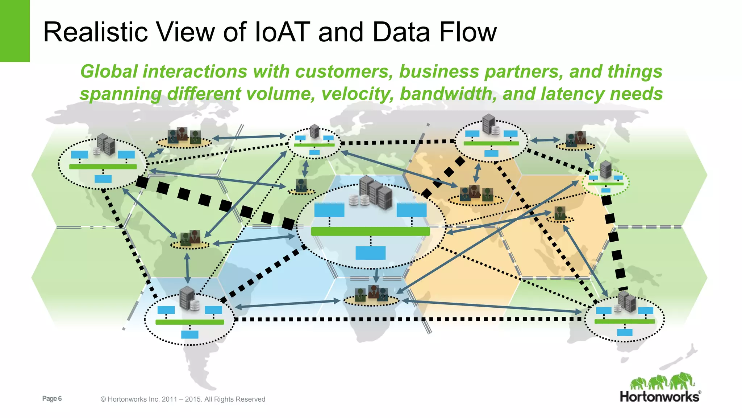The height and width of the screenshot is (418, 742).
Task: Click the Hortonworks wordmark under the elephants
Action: coord(660,397)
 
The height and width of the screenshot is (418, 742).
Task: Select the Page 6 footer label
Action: coord(52,399)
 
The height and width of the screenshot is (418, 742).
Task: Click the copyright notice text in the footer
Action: coord(183,399)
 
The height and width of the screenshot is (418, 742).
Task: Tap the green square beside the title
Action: coord(14,31)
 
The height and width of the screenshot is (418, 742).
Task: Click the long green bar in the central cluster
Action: coord(370,231)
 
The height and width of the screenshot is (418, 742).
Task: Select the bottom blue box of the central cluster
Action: coord(370,253)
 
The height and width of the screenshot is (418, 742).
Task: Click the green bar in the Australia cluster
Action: coord(625,321)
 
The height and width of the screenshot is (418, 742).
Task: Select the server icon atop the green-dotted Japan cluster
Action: coord(606,169)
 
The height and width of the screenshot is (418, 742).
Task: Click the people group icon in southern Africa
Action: coord(371,294)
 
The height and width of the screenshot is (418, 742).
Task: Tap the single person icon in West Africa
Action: coord(301,186)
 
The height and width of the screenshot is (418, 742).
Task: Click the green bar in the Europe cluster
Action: coord(314,145)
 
